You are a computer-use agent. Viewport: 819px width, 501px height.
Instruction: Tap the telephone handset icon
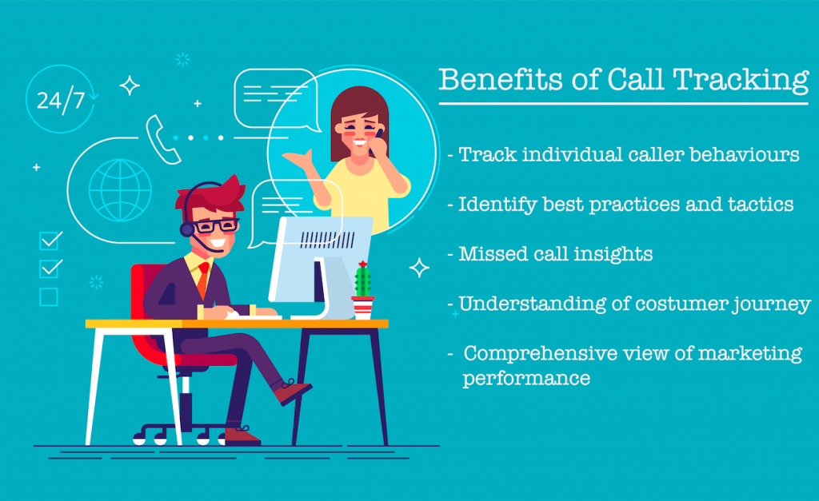click(x=163, y=138)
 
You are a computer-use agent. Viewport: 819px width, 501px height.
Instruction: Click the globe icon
click(x=119, y=189)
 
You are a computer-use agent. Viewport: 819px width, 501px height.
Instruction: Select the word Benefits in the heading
click(x=489, y=80)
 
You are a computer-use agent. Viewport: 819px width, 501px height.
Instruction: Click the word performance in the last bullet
click(x=526, y=378)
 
